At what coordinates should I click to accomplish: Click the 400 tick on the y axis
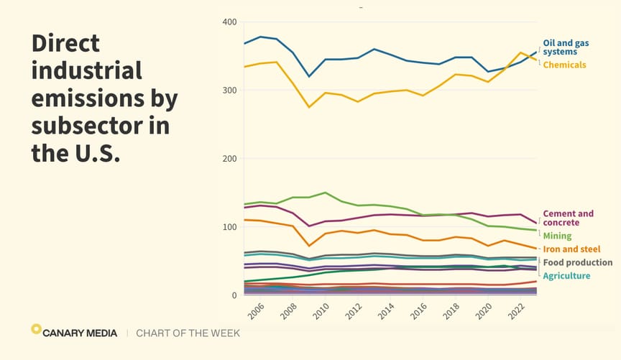point(229,22)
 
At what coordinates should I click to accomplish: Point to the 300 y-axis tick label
point(229,91)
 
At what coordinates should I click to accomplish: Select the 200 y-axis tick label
point(229,159)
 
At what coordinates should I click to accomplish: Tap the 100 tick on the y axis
point(229,227)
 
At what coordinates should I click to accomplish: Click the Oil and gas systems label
point(566,47)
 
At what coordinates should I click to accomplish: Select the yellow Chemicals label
point(564,65)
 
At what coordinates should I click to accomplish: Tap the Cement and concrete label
point(569,218)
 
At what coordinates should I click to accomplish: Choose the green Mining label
point(558,236)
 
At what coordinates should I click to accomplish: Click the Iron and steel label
point(571,249)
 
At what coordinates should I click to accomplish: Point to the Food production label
point(577,262)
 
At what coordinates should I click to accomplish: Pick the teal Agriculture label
point(566,276)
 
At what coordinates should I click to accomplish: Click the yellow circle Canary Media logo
point(36,329)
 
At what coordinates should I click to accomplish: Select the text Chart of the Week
point(188,333)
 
